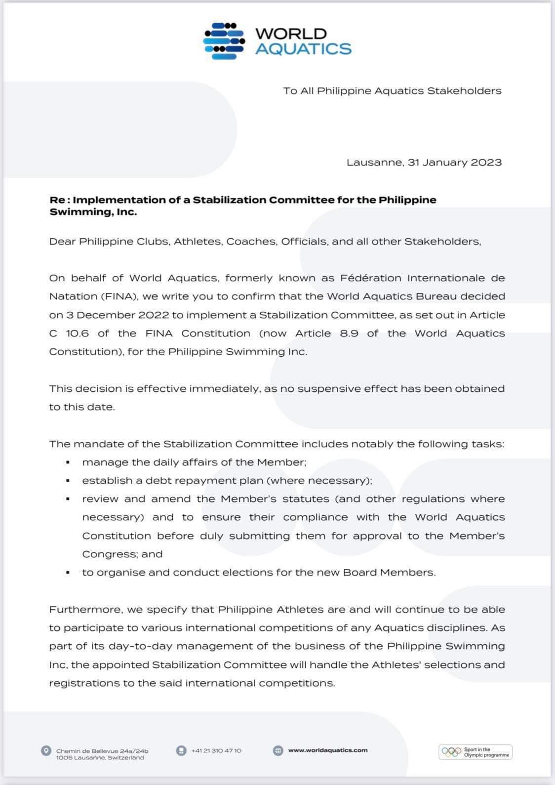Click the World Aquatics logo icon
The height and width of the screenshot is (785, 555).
tap(224, 41)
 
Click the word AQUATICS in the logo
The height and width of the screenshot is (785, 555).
tap(303, 48)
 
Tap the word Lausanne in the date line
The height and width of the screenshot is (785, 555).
tap(375, 163)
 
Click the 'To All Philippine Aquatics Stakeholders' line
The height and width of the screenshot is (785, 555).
tap(392, 91)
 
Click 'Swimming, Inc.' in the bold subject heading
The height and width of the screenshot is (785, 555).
tap(93, 212)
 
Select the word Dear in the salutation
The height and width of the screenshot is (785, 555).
tap(62, 242)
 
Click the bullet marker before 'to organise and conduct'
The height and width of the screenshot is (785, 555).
tap(68, 573)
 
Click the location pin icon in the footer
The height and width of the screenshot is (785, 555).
tap(46, 751)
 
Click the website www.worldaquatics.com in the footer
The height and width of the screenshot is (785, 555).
tap(328, 750)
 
